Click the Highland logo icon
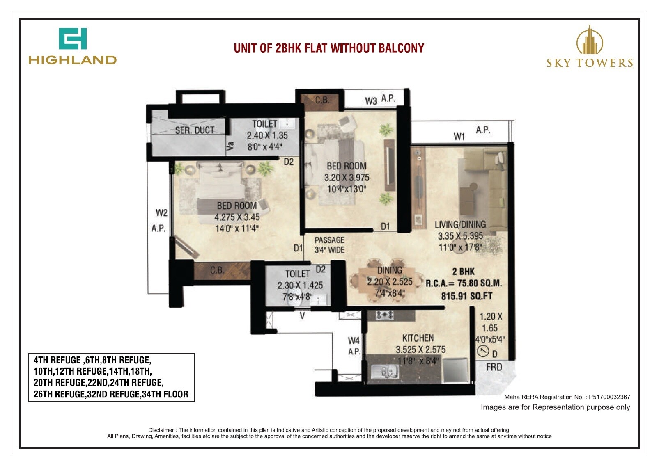point(73,39)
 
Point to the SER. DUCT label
point(195,130)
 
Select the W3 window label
point(371,101)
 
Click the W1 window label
point(459,137)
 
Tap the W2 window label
point(161,213)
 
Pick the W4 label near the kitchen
point(354,340)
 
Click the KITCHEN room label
point(418,338)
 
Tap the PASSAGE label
point(329,240)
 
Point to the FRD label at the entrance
point(494,367)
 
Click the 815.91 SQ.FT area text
point(466,296)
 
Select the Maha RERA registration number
point(609,397)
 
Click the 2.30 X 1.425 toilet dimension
point(300,286)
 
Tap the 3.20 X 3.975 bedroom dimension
point(347,178)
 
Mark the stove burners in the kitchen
point(385,315)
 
